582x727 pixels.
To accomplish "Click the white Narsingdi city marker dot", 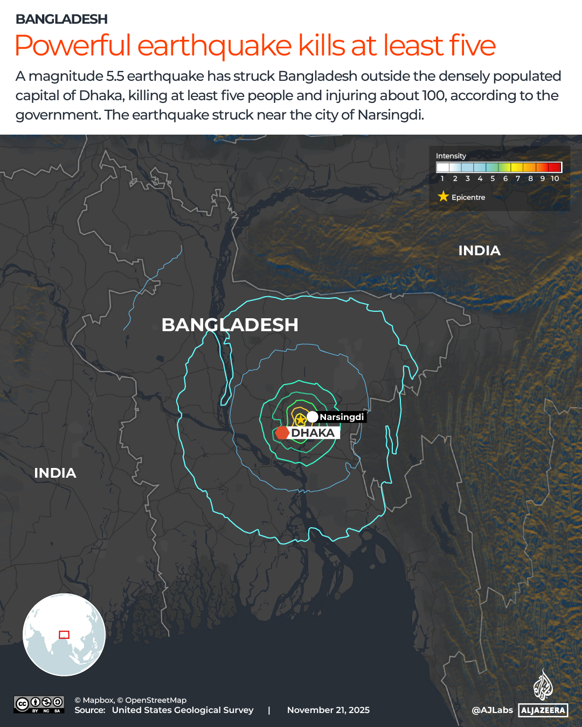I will (x=313, y=417).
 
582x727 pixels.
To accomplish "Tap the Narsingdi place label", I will (x=342, y=417).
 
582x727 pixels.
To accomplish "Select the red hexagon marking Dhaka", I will (x=282, y=432).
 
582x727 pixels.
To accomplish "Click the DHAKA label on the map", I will (x=313, y=433).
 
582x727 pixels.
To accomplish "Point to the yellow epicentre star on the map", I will (x=301, y=418).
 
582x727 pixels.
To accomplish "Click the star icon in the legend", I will (x=443, y=197).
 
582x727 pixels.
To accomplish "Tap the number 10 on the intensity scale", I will (x=555, y=179).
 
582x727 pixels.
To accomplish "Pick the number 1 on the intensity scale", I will (x=442, y=179).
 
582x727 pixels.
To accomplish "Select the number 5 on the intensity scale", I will (x=493, y=179).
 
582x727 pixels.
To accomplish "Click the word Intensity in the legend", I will (x=451, y=156).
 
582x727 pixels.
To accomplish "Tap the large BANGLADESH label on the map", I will (x=230, y=325).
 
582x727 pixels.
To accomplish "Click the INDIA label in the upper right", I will (x=479, y=250).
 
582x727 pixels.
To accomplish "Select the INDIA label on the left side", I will (x=55, y=473).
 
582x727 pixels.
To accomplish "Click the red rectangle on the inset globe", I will (x=64, y=634).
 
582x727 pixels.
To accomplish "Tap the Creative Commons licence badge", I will (x=39, y=704).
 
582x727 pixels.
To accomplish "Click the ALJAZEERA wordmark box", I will (x=543, y=710).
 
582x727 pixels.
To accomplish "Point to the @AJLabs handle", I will (x=492, y=710).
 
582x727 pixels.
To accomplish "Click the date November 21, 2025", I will (x=328, y=710).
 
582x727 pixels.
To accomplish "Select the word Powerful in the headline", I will (x=73, y=46).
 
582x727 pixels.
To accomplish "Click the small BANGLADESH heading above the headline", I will (x=61, y=19).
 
